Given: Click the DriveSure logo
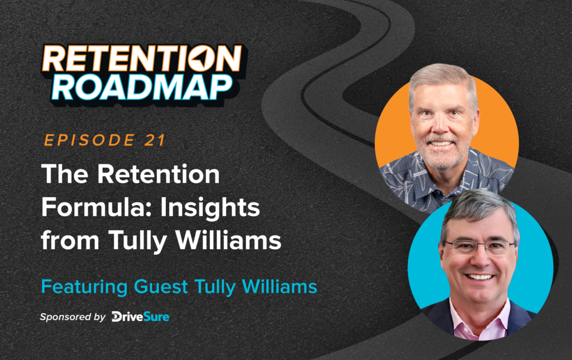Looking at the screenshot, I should (x=140, y=317).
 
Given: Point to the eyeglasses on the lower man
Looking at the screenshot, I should (x=479, y=247).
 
